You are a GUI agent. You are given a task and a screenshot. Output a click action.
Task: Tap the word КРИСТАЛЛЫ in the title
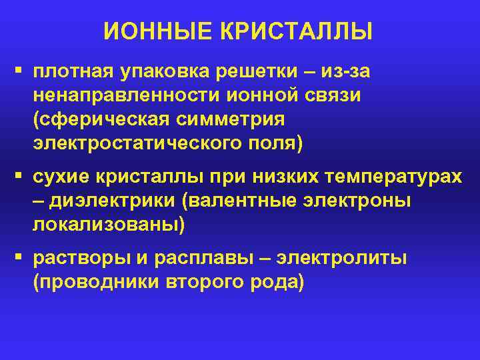[x=293, y=31]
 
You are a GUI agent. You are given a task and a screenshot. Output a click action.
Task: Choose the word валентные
[x=259, y=202]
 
